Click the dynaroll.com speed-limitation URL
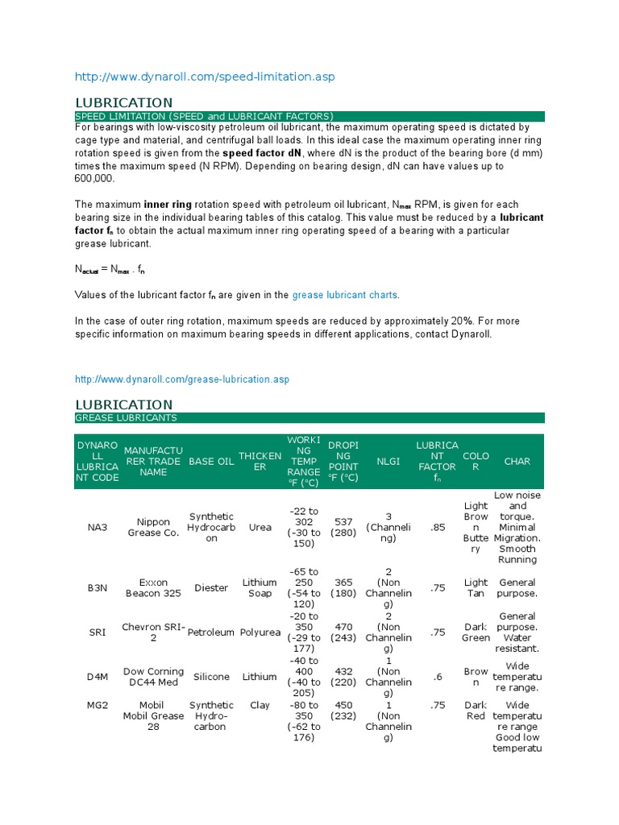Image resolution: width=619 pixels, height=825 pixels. [x=205, y=77]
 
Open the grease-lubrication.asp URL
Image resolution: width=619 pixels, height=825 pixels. [x=182, y=379]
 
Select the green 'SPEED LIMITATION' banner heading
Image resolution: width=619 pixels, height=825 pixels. [x=204, y=116]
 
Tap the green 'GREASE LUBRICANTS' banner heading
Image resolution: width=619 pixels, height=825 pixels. [x=127, y=417]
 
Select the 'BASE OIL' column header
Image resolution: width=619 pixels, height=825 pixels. [x=211, y=462]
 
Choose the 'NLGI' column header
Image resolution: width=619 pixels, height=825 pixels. [x=388, y=462]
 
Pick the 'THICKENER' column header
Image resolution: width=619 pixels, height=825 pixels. [x=260, y=462]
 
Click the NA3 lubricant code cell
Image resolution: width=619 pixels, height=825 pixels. [x=98, y=527]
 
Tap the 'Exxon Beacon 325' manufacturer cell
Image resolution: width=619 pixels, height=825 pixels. [x=153, y=588]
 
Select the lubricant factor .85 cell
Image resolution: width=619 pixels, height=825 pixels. [x=436, y=527]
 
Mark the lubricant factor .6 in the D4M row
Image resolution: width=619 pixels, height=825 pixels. [x=436, y=677]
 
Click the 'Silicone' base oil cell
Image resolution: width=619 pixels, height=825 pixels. [x=211, y=677]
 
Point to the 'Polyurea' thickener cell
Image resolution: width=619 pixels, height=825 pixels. [x=260, y=632]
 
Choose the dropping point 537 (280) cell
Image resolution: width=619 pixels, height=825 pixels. [x=343, y=527]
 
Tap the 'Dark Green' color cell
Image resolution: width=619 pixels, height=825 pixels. [x=476, y=632]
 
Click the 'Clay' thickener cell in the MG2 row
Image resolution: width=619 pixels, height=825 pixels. [x=260, y=705]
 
